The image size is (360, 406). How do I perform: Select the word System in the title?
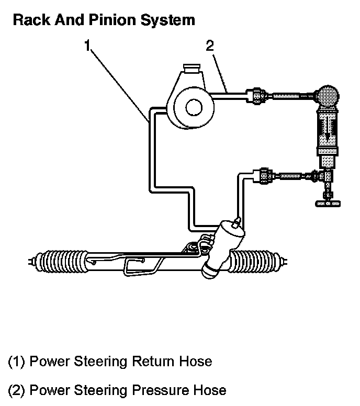click(169, 20)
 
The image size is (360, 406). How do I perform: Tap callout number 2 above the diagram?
click(209, 46)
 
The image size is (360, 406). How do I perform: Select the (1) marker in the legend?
click(17, 362)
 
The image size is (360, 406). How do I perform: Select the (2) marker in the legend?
click(17, 390)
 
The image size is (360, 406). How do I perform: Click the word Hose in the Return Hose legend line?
click(195, 362)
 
